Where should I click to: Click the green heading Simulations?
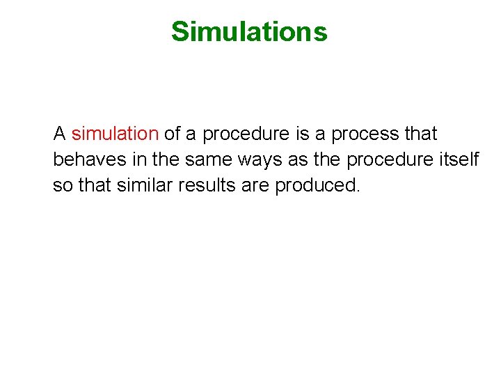pos(249,31)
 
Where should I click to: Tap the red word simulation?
pos(115,133)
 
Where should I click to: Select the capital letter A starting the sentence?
pos(60,133)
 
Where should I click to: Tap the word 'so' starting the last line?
pos(62,186)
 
